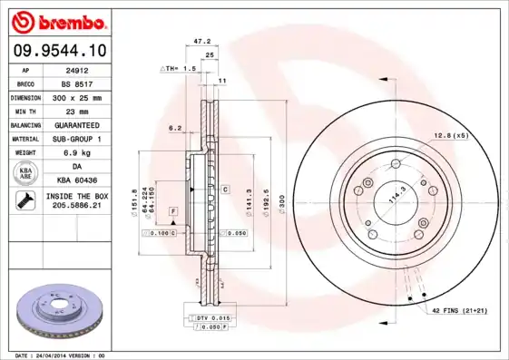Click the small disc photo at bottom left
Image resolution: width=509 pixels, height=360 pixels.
pos(61,313)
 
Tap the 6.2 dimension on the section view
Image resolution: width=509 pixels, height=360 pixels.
pos(175,128)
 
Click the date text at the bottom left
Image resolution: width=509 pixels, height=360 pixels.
pos(62,355)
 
